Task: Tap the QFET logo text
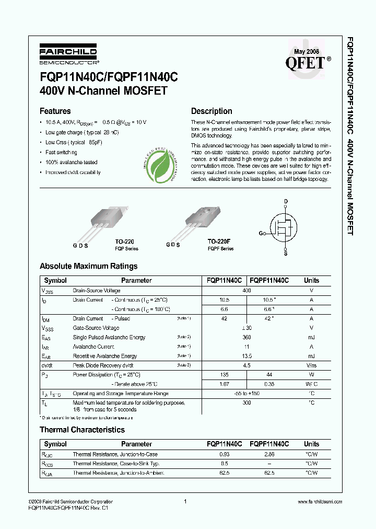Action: click(x=305, y=63)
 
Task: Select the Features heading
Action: click(x=55, y=111)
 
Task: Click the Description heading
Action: click(x=211, y=111)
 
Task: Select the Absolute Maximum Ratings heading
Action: click(x=89, y=266)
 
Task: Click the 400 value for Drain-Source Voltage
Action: click(x=247, y=290)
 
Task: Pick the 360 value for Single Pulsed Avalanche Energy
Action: click(x=247, y=337)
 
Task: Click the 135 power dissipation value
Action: click(x=225, y=375)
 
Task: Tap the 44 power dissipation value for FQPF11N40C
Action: click(x=269, y=375)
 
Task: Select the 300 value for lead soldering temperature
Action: click(x=247, y=403)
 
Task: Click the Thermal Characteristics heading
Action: click(x=83, y=430)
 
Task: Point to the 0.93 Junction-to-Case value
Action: click(x=225, y=454)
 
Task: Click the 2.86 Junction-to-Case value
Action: click(x=269, y=454)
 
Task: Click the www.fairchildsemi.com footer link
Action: click(x=320, y=502)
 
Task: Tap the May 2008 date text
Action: click(x=307, y=52)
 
